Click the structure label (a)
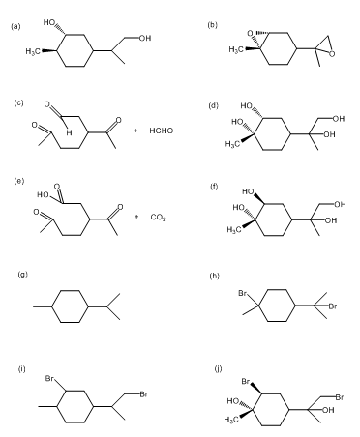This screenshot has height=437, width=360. coord(15,26)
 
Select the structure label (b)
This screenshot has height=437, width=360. coord(212,25)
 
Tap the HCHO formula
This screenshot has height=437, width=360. coord(162,131)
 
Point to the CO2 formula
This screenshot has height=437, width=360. coord(158,218)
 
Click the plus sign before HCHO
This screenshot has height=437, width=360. coord(135,131)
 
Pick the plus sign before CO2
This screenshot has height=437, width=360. coord(136,217)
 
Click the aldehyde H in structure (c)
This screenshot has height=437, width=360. coord(69,132)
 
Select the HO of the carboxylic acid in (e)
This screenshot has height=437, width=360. coord(43,195)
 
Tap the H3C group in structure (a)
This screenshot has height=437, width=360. coord(33,51)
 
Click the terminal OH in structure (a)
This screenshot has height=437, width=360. coord(145,38)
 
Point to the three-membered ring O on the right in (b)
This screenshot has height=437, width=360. coord(332,54)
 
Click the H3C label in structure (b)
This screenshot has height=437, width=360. coord(236,49)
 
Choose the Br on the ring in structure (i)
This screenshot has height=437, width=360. coord(49,378)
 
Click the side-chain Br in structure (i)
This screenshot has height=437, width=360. coord(144,393)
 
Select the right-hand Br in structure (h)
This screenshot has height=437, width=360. coord(333,306)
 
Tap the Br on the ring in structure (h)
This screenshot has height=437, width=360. coord(242,293)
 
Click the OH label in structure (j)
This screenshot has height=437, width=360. coord(328,410)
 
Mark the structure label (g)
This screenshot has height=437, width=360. coord(22,275)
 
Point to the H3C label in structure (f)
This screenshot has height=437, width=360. coord(235,230)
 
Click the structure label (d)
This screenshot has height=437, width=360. coord(213,105)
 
